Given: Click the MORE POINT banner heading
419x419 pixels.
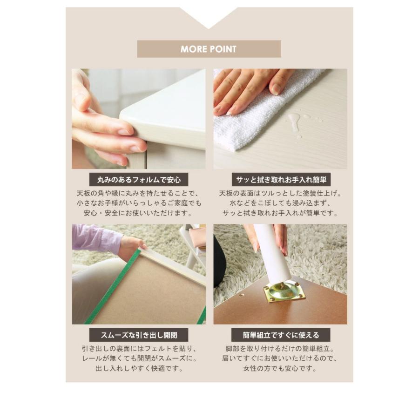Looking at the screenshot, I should coord(209,49).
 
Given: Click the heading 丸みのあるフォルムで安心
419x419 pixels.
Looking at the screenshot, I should coord(138,179).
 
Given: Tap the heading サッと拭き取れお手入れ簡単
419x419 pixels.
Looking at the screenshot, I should coord(280,179).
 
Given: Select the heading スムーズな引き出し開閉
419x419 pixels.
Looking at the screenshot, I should coord(138,335).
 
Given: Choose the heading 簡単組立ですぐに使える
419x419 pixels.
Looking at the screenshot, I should coord(280,335).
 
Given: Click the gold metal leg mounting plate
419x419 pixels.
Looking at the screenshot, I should coord(284,291).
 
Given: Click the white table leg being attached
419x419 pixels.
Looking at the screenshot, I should coord(273,254).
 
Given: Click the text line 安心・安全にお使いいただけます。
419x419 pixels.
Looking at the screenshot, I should coord(138,213).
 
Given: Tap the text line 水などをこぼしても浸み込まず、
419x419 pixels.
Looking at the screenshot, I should coord(280,203).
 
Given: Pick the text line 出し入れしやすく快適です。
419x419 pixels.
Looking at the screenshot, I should coord(138,368).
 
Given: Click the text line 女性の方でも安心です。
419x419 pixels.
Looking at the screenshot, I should coord(280,368).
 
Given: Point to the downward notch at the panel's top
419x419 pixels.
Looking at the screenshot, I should coord(209,21).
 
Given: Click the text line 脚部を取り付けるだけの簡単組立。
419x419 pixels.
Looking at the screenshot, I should coord(280,349).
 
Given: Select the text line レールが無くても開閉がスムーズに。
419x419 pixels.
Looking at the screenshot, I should coord(138,358).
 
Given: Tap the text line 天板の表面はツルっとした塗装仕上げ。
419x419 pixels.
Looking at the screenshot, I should coord(280,193).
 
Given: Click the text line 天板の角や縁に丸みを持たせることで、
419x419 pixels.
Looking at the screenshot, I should coord(138,193).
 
